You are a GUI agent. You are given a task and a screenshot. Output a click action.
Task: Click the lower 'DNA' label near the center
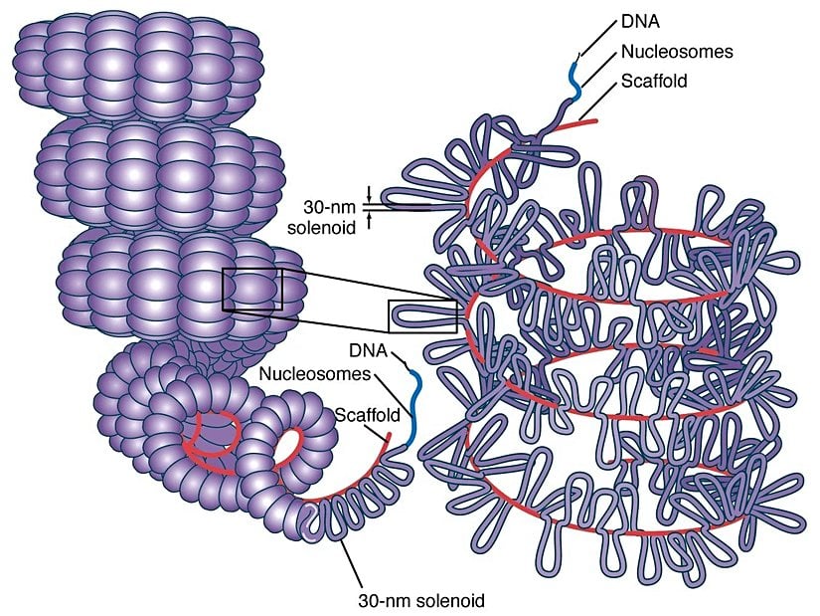369,350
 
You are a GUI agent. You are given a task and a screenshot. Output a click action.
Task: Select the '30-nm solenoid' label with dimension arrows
330,217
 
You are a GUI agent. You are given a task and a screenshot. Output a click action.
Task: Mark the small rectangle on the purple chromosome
252,290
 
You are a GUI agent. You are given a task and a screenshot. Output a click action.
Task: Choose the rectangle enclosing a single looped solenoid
422,315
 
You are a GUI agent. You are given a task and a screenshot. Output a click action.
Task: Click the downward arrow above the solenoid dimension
370,192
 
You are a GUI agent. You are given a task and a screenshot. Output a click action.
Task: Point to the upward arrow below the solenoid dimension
370,222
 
